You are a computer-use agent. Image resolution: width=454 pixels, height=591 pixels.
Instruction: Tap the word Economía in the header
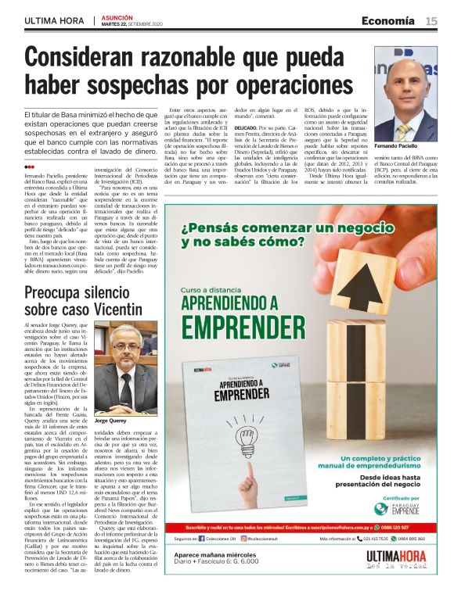coord(387,20)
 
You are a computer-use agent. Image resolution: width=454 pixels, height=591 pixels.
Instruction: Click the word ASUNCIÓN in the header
coord(117,16)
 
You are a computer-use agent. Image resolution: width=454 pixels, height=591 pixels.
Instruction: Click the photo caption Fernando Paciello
coord(397,147)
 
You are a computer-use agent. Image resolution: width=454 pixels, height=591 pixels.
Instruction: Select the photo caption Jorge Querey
coord(110,421)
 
